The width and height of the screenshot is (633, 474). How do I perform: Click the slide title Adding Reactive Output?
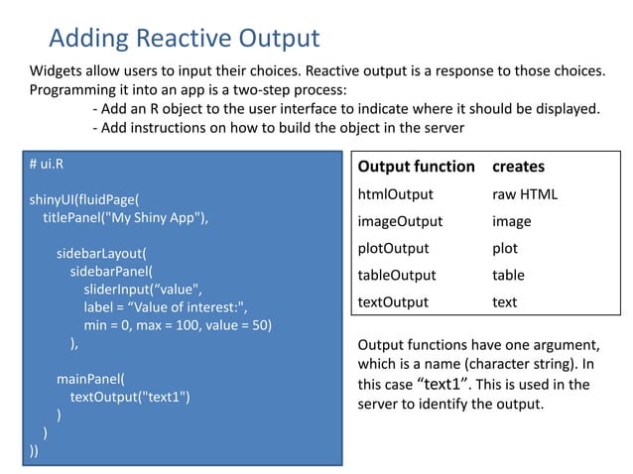click(x=184, y=39)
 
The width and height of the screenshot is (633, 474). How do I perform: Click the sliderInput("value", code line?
click(x=145, y=289)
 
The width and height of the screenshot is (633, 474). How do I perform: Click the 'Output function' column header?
click(x=416, y=167)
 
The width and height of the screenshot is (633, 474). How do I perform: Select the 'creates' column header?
click(x=518, y=167)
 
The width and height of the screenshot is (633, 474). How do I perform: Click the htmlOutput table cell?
click(x=395, y=194)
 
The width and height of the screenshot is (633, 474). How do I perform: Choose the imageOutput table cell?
click(x=400, y=221)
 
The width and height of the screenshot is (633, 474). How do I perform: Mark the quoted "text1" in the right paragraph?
click(x=453, y=384)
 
